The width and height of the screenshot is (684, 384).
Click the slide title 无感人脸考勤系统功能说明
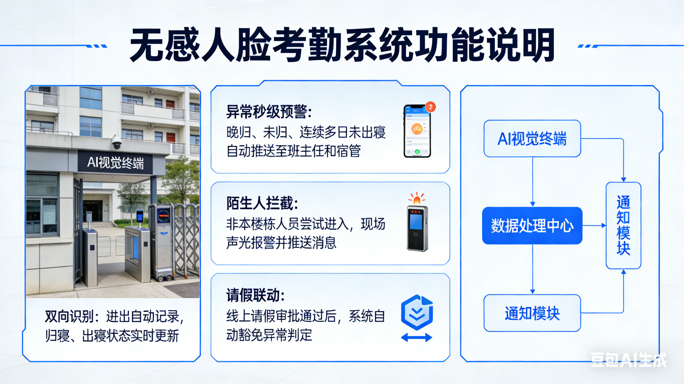(342, 45)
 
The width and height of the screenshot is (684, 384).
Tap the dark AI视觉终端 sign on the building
(115, 162)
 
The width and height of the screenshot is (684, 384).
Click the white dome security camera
(116, 142)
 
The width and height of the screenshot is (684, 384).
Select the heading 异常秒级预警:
(269, 112)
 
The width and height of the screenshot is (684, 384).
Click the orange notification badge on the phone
(430, 107)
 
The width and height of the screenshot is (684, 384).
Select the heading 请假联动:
(256, 295)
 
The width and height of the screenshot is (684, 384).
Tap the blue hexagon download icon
(417, 312)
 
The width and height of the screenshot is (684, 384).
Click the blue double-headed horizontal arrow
(417, 337)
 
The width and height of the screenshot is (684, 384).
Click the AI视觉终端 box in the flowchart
(532, 138)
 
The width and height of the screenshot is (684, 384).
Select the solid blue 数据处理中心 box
(532, 226)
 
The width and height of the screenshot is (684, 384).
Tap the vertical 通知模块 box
(623, 225)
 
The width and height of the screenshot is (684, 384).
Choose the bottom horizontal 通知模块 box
(532, 313)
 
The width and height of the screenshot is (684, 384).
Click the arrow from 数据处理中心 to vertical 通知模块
(594, 225)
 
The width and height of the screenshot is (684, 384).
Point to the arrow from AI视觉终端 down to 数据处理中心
(533, 182)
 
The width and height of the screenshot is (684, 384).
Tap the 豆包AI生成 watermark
(628, 359)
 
